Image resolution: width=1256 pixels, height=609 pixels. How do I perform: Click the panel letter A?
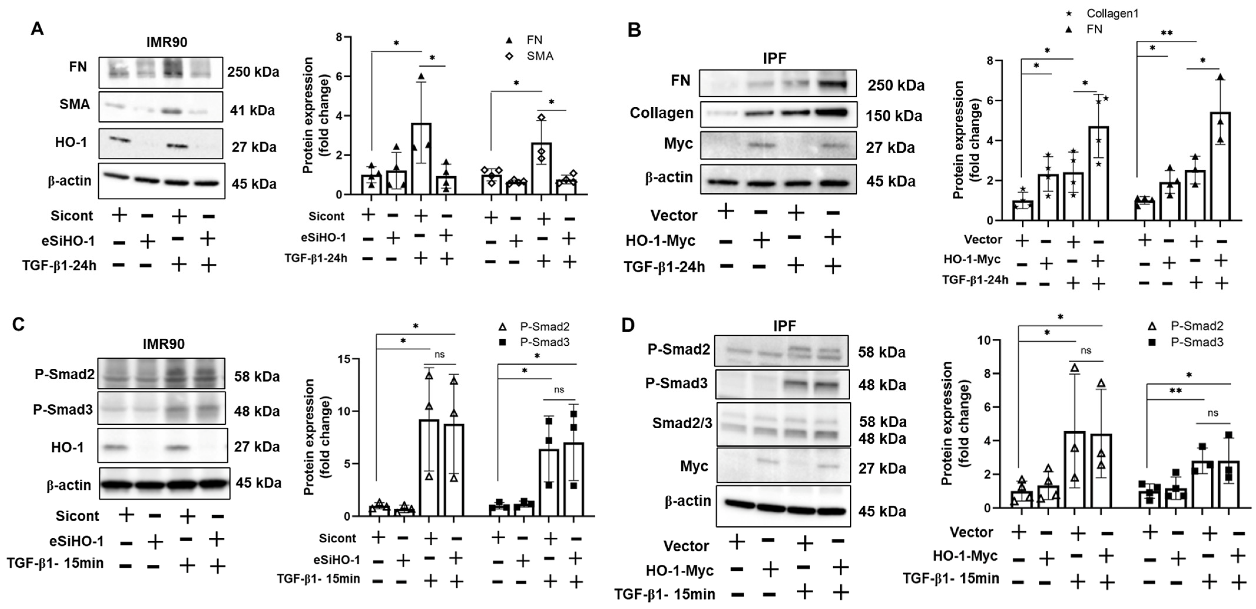[37, 29]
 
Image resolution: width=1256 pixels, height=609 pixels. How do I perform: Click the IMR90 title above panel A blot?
[167, 42]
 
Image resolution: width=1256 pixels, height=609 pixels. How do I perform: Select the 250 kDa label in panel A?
[253, 72]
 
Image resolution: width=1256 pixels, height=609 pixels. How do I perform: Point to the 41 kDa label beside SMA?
[252, 111]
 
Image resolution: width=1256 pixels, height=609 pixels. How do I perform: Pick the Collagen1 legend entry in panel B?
[1112, 14]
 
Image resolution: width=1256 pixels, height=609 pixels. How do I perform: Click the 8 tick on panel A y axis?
[338, 37]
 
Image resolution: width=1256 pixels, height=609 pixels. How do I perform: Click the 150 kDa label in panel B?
[894, 116]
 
